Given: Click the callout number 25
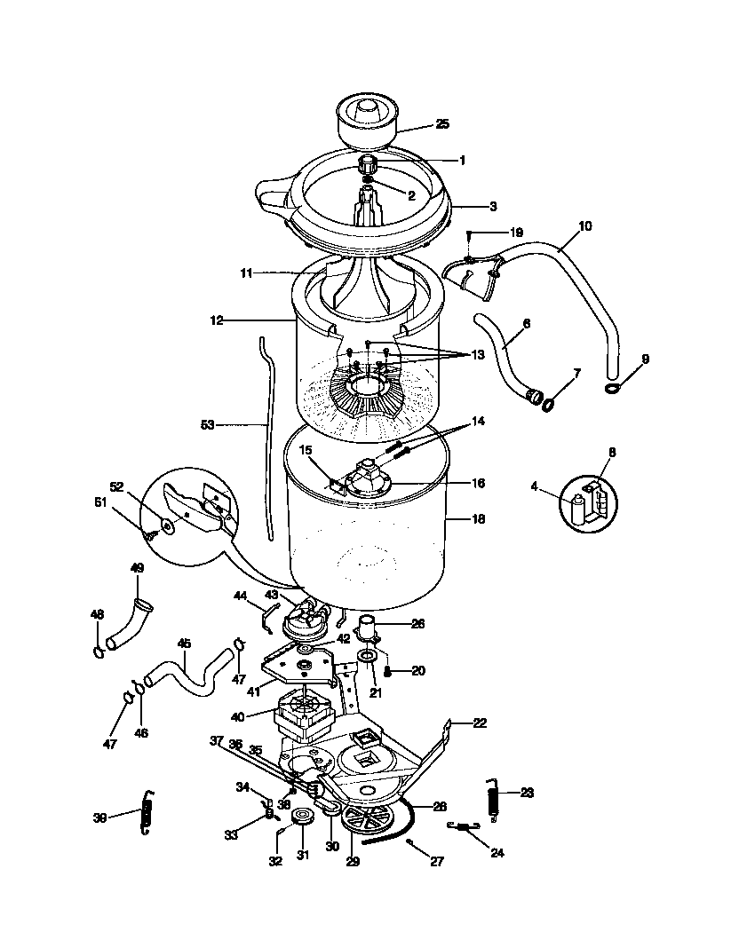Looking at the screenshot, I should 441,124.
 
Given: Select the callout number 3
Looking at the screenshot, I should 492,206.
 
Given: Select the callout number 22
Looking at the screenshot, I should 479,723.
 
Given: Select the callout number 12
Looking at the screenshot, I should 216,319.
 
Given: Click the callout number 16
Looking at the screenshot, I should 478,484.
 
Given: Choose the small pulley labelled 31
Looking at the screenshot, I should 304,817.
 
